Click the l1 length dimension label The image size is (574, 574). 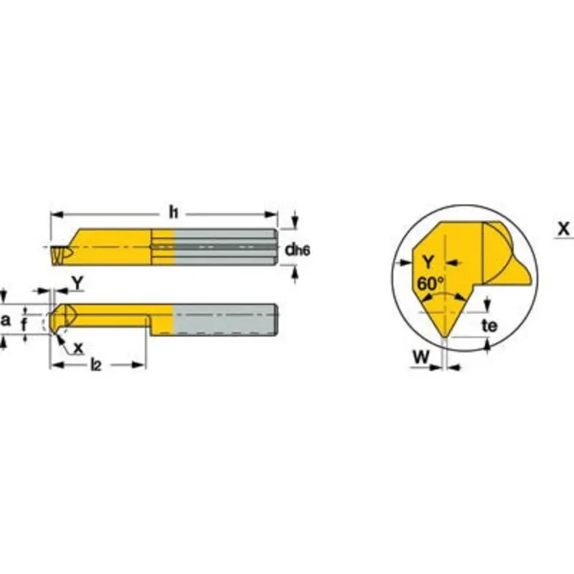(x=173, y=212)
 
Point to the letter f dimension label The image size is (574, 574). (x=25, y=325)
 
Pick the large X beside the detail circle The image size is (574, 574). (x=563, y=230)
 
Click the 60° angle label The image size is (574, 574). (x=430, y=283)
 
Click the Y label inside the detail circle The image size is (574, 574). (x=428, y=261)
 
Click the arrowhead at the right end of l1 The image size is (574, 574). (x=273, y=214)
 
